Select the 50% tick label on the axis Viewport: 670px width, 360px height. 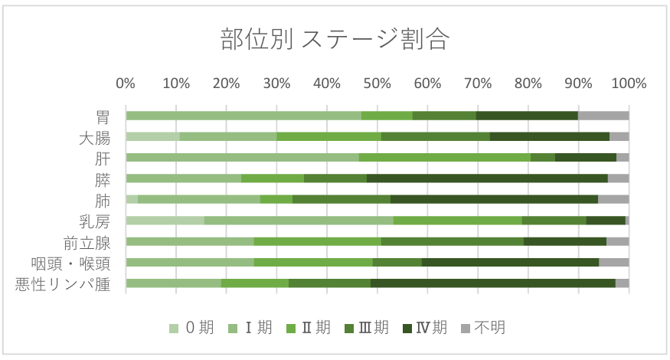point(377,83)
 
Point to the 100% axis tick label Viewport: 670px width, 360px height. point(628,83)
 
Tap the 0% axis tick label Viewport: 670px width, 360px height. point(126,83)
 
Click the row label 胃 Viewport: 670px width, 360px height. point(103,116)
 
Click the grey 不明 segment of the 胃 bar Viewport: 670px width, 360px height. point(603,116)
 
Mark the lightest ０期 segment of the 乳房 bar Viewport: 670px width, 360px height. point(165,221)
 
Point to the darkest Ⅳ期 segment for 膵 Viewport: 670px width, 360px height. point(487,178)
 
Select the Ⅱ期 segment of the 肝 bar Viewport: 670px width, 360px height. point(445,158)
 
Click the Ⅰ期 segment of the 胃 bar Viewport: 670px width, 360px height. point(243,116)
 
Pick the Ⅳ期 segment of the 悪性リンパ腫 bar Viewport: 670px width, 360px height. point(493,283)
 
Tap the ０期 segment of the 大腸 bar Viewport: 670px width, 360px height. point(153,137)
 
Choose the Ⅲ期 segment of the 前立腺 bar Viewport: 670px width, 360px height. point(453,241)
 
